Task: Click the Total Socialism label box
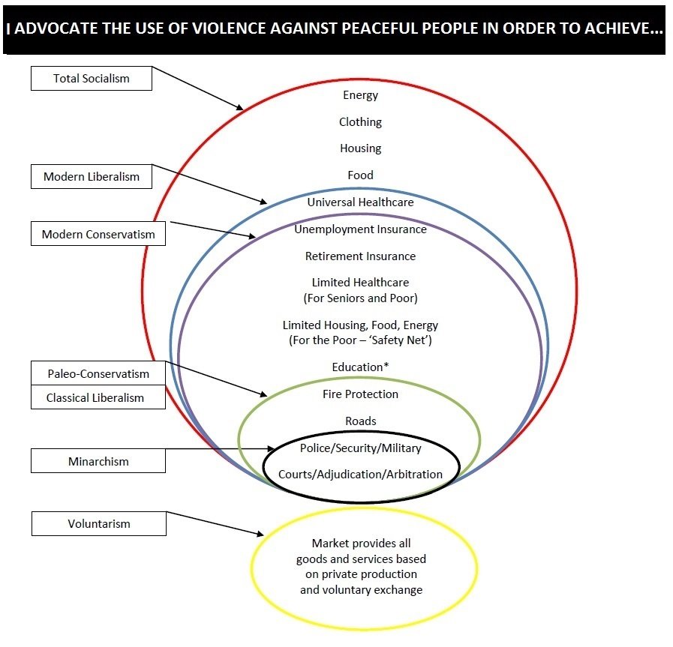(91, 78)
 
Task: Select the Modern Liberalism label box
(91, 177)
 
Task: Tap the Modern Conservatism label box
(98, 234)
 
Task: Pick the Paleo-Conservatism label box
(98, 373)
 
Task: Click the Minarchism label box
(98, 461)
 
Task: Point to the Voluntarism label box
(98, 523)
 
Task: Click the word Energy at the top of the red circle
(361, 95)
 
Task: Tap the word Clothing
(361, 121)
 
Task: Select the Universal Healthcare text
(361, 202)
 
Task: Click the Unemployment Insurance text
(361, 229)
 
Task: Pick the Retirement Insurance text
(361, 256)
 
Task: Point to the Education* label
(361, 367)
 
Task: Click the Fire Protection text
(361, 394)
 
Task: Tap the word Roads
(361, 421)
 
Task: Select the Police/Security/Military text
(361, 448)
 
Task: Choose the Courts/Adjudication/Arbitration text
(361, 474)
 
